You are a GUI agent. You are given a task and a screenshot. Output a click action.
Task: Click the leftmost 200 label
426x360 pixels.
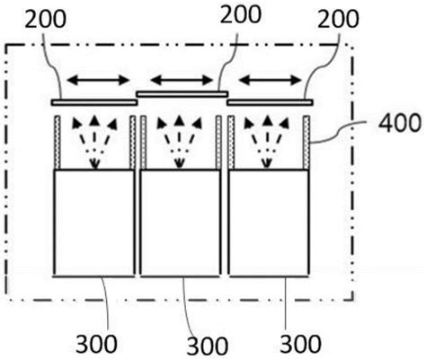coord(45,20)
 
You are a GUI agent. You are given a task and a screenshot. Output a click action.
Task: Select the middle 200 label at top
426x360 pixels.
coord(241,14)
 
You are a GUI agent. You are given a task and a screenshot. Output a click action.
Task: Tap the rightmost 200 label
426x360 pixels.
coord(338,19)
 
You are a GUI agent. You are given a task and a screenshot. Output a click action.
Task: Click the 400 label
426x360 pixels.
coord(400,123)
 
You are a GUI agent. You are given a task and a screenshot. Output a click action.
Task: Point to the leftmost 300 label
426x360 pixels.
coord(96,344)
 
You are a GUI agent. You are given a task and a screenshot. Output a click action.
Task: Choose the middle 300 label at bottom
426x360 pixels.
coord(208,346)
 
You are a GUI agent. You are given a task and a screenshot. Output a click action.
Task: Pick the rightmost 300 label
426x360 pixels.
coord(300,343)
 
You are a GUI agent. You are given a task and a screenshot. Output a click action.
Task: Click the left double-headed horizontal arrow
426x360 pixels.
coord(98,80)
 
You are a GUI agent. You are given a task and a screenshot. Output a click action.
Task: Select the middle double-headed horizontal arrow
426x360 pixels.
coord(182,80)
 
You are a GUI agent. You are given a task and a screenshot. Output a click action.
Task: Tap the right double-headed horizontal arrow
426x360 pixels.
coord(271,80)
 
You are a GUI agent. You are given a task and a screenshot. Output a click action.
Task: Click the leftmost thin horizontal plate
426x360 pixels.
coord(94,102)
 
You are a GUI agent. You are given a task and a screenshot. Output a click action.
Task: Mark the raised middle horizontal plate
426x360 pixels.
coord(182,94)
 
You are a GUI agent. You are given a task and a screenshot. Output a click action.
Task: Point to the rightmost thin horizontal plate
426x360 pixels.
coord(270,102)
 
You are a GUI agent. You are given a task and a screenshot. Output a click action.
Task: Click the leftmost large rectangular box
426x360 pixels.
coord(93,224)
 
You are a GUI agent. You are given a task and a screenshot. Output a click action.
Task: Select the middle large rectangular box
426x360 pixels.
coord(181,224)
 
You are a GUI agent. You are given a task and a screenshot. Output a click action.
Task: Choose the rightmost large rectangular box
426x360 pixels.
coord(269,224)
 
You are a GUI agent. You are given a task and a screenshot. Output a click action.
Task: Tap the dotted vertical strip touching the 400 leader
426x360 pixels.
coord(306,143)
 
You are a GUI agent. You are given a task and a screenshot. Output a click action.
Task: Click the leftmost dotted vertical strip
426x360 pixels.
coord(58,143)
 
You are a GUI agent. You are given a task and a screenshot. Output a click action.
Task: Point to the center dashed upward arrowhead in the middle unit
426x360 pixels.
coord(179,120)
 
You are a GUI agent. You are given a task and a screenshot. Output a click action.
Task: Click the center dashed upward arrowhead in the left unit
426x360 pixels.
coord(94,120)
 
